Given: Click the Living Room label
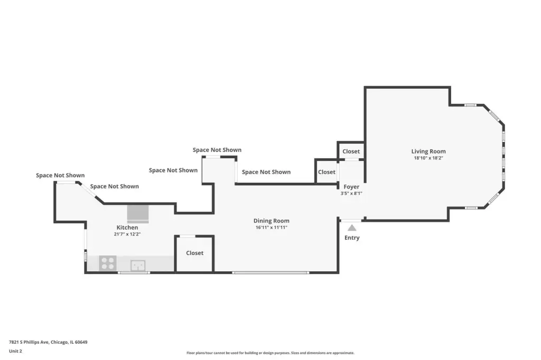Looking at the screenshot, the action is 428,151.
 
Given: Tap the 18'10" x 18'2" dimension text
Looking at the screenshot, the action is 428,158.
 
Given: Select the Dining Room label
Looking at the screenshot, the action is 271,221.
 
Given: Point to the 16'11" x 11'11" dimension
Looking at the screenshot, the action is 271,227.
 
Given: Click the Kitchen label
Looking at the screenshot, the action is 127,228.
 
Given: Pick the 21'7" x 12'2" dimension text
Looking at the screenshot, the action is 127,234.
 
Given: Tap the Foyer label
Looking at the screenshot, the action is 351,187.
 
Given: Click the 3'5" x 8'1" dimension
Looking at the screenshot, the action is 351,193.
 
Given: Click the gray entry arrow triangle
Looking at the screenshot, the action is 351,228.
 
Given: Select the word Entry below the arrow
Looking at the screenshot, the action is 351,238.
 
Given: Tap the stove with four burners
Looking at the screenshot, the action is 108,263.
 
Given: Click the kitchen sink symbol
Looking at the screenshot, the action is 138,266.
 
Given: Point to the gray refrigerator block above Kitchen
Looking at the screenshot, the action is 138,214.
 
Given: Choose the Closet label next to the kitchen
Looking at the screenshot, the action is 194,253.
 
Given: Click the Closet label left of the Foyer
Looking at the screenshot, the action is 327,172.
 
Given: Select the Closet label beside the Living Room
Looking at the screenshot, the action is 351,151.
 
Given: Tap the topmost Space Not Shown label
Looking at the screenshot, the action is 217,150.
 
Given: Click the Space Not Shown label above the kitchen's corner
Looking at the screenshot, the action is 60,176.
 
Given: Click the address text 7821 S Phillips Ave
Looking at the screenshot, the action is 29,342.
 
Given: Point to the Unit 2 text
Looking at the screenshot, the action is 15,351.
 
